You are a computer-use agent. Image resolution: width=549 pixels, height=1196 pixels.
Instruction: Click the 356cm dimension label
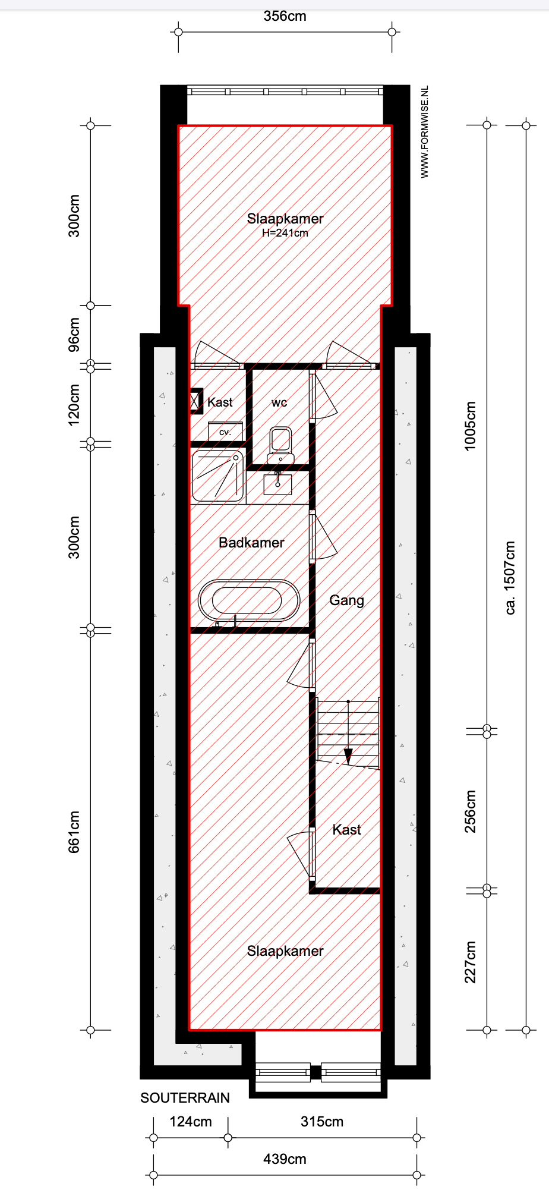[285, 16]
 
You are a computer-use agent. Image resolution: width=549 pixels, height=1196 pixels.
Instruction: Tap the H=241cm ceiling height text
[285, 233]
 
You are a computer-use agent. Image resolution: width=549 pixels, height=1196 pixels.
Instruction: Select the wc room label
[279, 402]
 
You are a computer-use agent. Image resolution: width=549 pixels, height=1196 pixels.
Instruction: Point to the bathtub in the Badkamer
[249, 600]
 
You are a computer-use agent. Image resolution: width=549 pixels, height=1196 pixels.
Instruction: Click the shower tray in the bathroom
[218, 476]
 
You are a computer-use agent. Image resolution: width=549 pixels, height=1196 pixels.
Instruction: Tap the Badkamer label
[251, 543]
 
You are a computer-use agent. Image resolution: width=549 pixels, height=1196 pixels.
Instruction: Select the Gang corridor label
[347, 600]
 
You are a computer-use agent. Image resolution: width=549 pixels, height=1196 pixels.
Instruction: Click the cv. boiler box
[225, 432]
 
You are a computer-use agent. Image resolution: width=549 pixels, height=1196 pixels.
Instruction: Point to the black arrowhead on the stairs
[348, 757]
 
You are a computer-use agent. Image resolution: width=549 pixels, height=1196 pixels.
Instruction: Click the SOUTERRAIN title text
[185, 1098]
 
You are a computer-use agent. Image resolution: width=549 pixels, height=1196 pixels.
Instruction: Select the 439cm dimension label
[285, 1159]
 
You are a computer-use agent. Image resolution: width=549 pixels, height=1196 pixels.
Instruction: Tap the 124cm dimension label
[191, 1122]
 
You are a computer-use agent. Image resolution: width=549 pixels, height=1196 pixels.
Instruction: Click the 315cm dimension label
[322, 1122]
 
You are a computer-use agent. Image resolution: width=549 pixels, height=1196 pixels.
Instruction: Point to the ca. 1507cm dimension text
[510, 578]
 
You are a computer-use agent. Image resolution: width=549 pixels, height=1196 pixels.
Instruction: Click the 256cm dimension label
[471, 811]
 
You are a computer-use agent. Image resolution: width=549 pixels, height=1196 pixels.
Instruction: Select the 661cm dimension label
[74, 832]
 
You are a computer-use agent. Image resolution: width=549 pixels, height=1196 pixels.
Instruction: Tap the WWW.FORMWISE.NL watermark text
[424, 132]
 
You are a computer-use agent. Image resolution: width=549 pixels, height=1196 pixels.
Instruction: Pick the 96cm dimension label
[74, 335]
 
